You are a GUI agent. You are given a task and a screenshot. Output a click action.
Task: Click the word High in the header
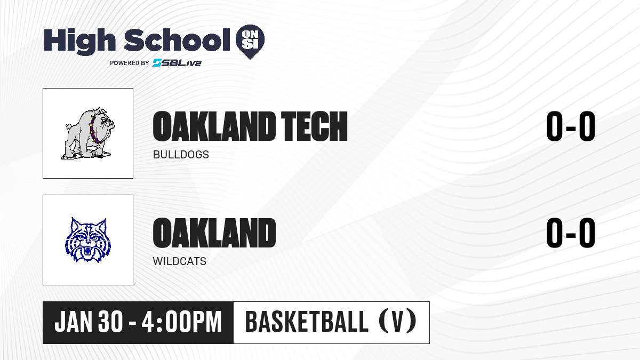click(79, 42)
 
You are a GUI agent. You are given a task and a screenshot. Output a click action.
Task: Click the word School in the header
click(177, 40)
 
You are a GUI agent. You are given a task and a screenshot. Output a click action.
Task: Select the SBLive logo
click(177, 62)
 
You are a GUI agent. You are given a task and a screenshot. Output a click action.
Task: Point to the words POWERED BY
click(130, 63)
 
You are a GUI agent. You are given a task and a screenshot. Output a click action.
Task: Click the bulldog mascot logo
click(88, 133)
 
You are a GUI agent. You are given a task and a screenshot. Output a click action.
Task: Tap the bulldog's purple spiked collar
click(94, 130)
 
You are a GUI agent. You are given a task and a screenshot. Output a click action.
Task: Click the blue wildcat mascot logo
click(88, 240)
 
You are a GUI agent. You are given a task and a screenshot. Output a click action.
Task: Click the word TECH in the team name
click(314, 126)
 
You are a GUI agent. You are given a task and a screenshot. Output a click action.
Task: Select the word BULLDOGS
click(181, 155)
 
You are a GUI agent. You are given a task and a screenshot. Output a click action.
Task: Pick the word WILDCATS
click(179, 261)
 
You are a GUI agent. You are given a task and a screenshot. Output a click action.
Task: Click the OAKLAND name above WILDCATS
click(214, 233)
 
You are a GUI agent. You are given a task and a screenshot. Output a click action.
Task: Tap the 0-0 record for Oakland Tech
click(571, 126)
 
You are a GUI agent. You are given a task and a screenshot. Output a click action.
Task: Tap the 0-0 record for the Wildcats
click(571, 233)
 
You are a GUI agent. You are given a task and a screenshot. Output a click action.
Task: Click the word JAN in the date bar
click(74, 322)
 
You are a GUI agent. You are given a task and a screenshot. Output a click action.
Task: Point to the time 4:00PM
click(182, 322)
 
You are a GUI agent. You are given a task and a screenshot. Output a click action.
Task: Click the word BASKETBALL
click(307, 322)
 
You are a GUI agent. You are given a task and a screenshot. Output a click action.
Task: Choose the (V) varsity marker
click(397, 322)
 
